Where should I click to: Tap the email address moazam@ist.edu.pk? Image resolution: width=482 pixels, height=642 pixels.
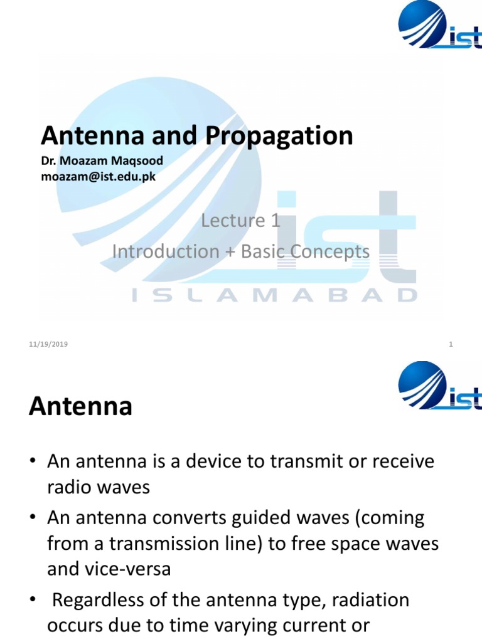(98, 176)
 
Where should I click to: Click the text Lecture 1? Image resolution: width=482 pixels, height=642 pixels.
(240, 220)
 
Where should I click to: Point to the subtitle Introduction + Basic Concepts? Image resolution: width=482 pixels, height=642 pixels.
(241, 251)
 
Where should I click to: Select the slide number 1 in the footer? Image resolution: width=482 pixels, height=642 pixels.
(451, 344)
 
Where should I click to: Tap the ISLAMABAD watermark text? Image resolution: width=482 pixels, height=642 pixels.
(274, 295)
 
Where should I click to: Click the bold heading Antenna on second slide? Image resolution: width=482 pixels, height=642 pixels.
(80, 407)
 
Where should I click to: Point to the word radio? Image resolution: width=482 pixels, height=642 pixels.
(67, 487)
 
